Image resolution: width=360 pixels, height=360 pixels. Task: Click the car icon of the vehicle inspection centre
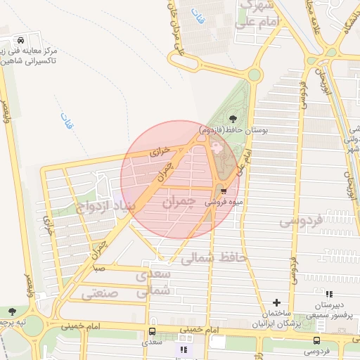(25, 40)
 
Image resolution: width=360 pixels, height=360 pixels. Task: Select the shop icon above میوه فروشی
(223, 190)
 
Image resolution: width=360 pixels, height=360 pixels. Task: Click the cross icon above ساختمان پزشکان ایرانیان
(276, 302)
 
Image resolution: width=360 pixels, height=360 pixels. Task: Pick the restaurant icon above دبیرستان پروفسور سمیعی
(330, 293)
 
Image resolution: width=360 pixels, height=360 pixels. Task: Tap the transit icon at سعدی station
(152, 332)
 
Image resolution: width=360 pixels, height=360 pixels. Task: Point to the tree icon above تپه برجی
(11, 311)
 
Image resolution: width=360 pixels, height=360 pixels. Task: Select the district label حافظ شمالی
(214, 258)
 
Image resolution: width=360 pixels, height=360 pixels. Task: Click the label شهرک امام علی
(260, 14)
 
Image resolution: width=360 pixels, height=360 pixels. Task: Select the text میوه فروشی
(224, 201)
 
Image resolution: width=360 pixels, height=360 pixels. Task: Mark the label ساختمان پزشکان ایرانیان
(276, 317)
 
